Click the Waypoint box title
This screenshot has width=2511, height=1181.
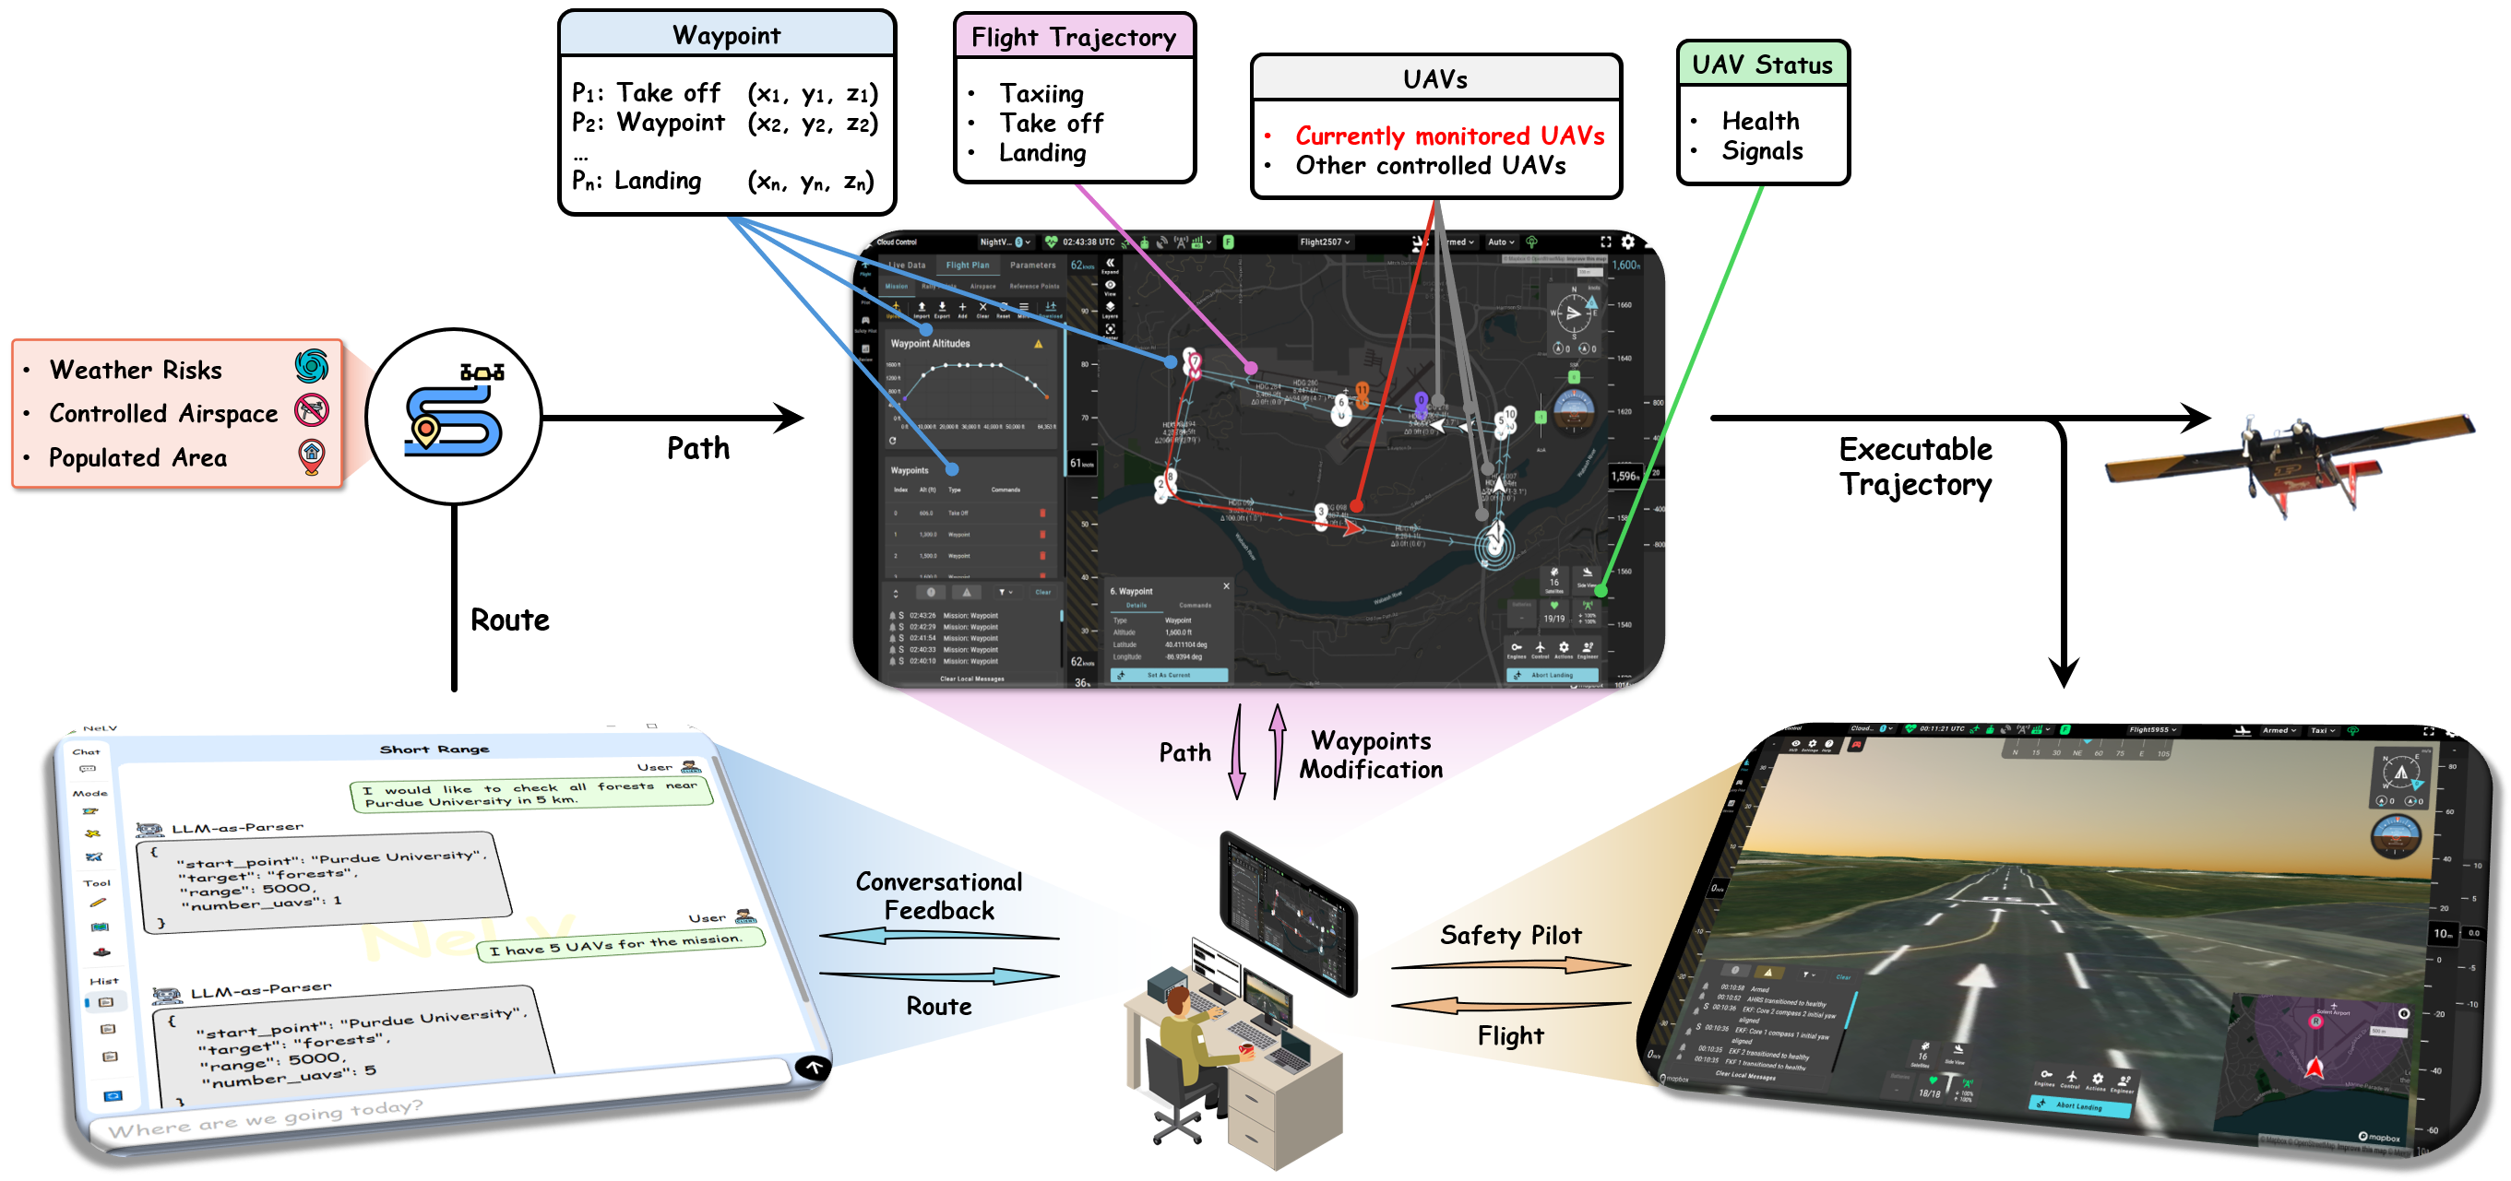(726, 35)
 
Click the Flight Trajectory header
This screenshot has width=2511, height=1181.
(1073, 37)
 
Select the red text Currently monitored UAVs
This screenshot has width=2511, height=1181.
(1449, 136)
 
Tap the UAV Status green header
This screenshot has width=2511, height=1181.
(1761, 65)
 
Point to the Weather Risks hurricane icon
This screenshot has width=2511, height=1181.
(312, 366)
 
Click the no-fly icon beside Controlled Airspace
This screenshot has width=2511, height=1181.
(312, 410)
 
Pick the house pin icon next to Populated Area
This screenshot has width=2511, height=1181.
(312, 455)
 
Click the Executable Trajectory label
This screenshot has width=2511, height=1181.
(1914, 466)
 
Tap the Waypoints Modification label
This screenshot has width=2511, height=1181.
(1370, 755)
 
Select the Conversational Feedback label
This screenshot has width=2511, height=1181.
(939, 895)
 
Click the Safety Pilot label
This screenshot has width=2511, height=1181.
(1510, 936)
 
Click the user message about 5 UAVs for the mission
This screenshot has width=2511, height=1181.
(616, 944)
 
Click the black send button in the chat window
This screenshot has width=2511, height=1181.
(813, 1066)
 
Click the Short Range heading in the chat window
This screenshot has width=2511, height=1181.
(434, 750)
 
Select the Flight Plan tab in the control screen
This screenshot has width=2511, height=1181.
(967, 265)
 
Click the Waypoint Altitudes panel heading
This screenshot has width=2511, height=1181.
(930, 344)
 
